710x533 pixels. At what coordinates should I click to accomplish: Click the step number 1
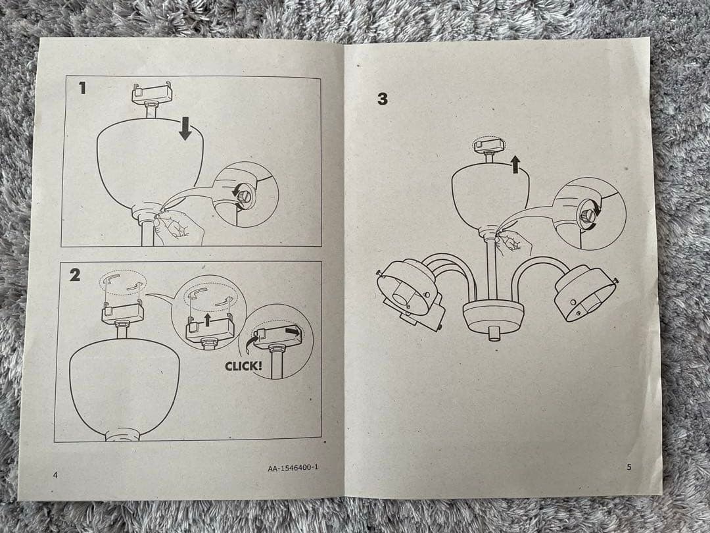click(x=82, y=88)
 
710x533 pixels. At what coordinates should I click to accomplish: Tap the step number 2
click(x=75, y=274)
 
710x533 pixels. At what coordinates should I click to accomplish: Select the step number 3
click(x=383, y=99)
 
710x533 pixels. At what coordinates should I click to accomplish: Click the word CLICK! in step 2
click(x=243, y=366)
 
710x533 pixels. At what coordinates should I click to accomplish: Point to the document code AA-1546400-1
click(x=293, y=467)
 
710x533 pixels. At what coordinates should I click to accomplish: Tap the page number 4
click(x=55, y=475)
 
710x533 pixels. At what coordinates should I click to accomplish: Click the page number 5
click(x=628, y=467)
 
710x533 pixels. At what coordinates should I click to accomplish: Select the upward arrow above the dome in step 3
click(x=514, y=165)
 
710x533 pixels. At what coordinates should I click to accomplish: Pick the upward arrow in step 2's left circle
click(x=207, y=320)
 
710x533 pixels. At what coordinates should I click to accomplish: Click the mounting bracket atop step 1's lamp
click(x=152, y=93)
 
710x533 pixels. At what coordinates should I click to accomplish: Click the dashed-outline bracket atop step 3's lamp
click(x=488, y=145)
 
